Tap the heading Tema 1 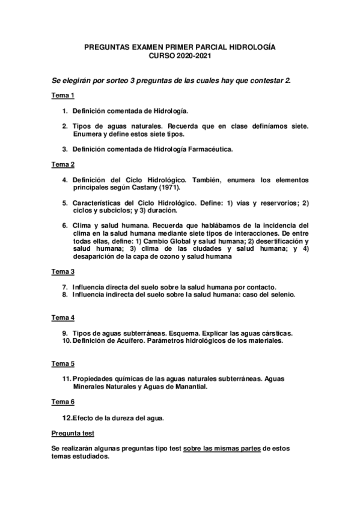63,96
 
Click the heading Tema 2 63,164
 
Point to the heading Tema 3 63,272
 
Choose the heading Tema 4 63,318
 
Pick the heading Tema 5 63,363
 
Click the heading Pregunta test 72,433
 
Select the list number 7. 65,287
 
